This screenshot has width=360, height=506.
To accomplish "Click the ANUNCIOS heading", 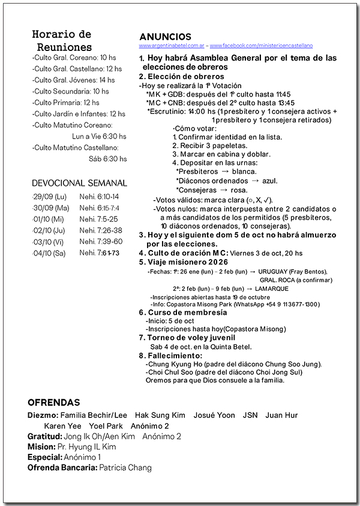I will [x=165, y=37].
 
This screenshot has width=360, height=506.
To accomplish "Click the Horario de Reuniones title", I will [x=62, y=41].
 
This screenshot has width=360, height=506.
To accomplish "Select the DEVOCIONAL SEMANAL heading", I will [x=79, y=183].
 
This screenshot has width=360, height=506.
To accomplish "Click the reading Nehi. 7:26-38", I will [x=101, y=230].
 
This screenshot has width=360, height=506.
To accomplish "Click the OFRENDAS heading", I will [x=53, y=402].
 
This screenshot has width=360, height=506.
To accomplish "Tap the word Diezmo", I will [x=43, y=415].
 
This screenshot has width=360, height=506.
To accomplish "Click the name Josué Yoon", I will [x=214, y=415].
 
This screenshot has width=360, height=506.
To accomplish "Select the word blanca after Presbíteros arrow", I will [x=244, y=171].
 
